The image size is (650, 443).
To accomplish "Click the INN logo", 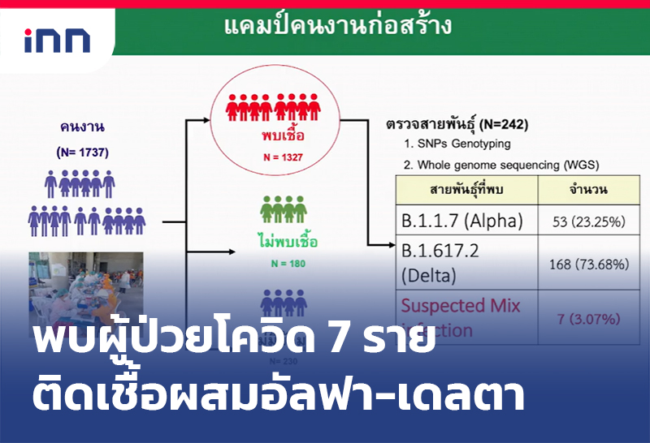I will click(x=56, y=40).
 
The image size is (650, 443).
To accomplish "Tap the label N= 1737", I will click(x=82, y=152).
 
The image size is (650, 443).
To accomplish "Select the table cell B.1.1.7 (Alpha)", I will click(x=461, y=221).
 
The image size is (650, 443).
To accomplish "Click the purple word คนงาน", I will click(x=82, y=127).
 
